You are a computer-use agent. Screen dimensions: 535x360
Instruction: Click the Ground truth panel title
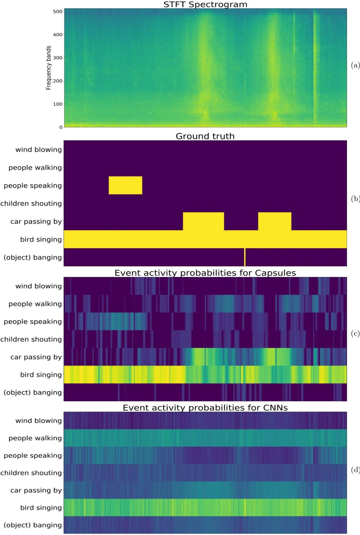pos(205,136)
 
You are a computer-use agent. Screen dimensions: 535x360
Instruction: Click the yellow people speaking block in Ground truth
pos(125,185)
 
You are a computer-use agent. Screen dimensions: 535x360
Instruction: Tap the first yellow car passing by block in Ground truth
pos(203,221)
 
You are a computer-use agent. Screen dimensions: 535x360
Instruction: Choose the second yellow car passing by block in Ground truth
pos(274,221)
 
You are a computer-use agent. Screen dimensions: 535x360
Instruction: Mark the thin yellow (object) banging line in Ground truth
pos(245,257)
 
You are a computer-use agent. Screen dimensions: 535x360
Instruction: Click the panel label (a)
pos(355,65)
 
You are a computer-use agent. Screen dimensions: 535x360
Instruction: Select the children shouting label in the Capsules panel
pos(31,339)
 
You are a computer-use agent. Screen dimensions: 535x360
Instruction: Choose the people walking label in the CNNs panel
pos(35,438)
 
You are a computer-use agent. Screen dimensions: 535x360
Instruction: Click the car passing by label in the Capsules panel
pos(36,357)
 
